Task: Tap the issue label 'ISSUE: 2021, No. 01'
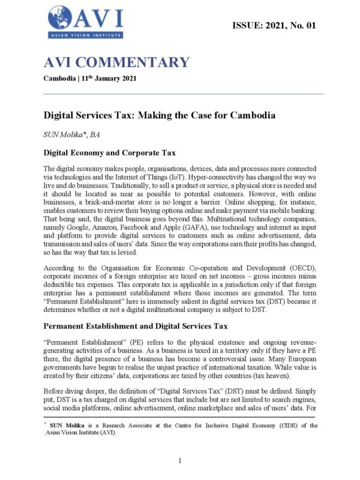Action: (x=273, y=25)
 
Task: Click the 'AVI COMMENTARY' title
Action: (x=116, y=62)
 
